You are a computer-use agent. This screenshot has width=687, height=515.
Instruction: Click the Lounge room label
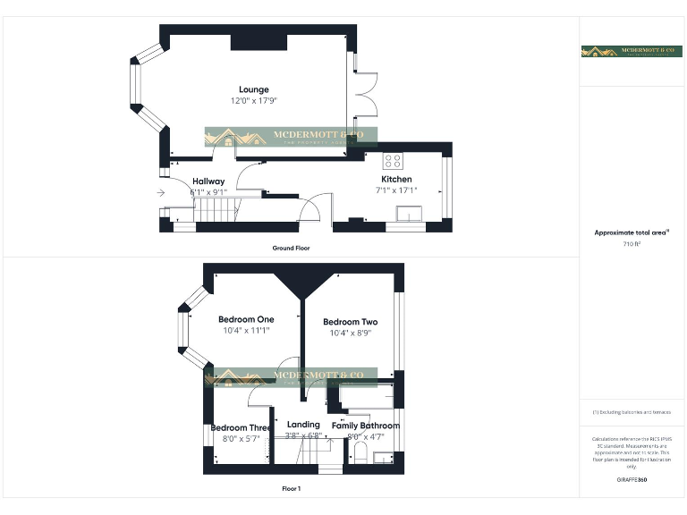pos(253,89)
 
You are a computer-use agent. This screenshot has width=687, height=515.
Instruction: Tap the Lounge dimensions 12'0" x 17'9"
pos(253,100)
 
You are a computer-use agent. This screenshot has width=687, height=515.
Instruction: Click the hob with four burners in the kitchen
pos(393,161)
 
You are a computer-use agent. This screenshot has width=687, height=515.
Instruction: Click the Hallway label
pos(208,182)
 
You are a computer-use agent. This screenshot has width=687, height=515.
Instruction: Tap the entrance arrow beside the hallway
pos(161,192)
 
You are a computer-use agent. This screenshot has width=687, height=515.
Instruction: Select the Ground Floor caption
pos(291,248)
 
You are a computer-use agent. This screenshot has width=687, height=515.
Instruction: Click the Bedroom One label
pos(246,319)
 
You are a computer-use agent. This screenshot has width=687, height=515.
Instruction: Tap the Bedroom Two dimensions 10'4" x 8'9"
pos(350,333)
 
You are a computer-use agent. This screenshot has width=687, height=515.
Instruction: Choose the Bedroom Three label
pos(240,427)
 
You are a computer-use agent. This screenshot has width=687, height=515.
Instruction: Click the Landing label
pos(303,425)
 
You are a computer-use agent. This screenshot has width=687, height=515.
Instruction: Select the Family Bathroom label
pos(365,426)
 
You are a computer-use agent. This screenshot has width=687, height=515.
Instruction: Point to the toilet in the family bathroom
pos(358,452)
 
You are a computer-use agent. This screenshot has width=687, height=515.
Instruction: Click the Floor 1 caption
pos(291,489)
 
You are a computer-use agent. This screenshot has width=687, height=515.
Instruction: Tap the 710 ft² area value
pos(632,243)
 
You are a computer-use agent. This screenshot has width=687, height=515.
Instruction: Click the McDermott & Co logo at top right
pos(632,52)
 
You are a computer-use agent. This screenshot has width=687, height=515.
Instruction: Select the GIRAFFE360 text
pos(632,480)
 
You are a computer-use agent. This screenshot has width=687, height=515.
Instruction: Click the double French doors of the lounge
pos(358,93)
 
